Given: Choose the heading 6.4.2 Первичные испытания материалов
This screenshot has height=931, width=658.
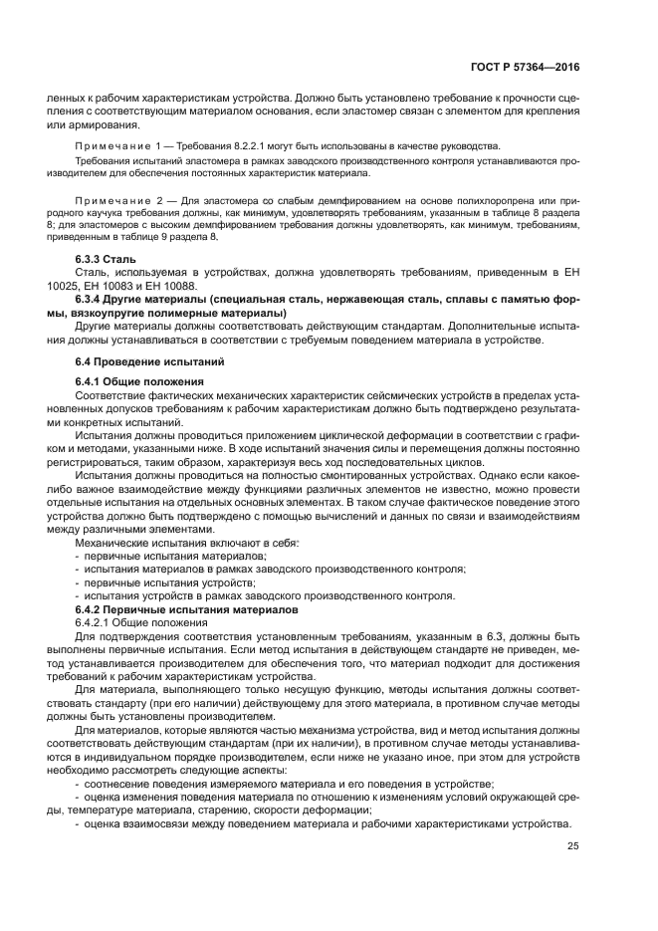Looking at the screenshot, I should [x=186, y=607].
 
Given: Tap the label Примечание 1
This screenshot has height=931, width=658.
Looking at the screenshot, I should [x=122, y=145].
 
